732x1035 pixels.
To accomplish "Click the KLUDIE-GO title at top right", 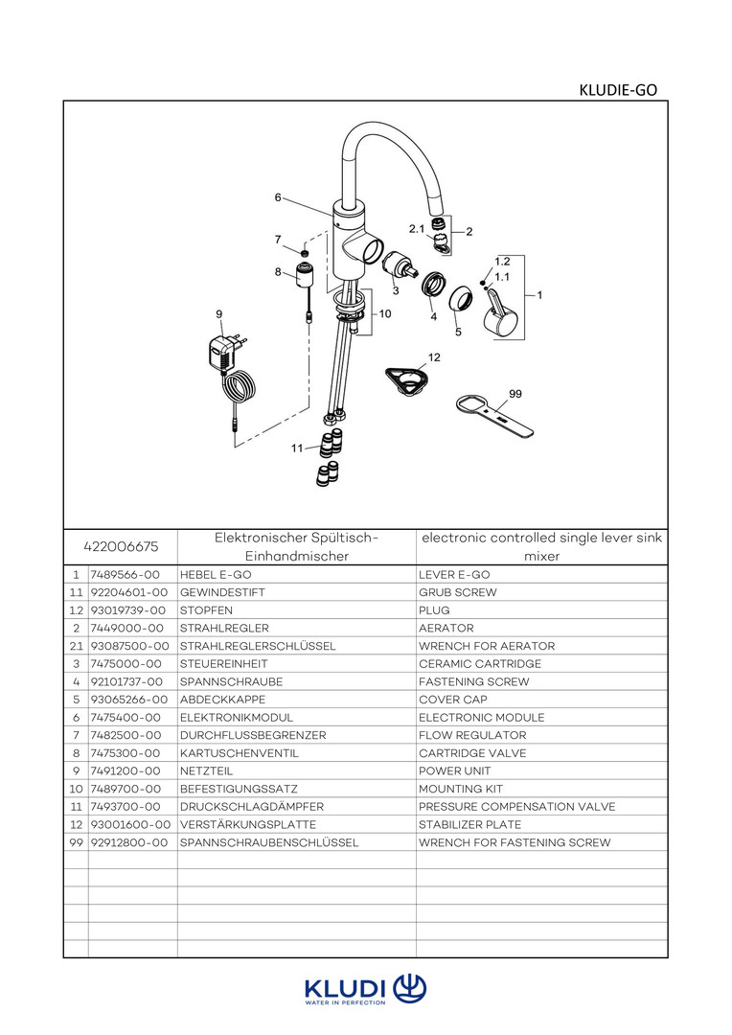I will tap(618, 90).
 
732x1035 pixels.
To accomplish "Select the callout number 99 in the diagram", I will tap(515, 394).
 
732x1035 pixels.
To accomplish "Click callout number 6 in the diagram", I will tap(278, 197).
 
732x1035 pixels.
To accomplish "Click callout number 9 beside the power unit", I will tap(219, 313).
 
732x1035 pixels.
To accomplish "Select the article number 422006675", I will tap(120, 546).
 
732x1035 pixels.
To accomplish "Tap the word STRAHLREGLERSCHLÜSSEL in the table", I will tap(258, 646).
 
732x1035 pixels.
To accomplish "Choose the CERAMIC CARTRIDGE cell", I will tap(480, 664).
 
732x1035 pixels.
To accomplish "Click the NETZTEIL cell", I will tap(207, 770).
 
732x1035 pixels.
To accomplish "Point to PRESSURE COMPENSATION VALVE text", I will tap(516, 807).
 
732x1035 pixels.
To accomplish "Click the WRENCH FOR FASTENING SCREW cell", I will tap(515, 842).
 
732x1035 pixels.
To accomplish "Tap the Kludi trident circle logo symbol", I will tap(410, 988).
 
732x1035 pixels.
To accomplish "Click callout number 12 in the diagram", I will tap(434, 356).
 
